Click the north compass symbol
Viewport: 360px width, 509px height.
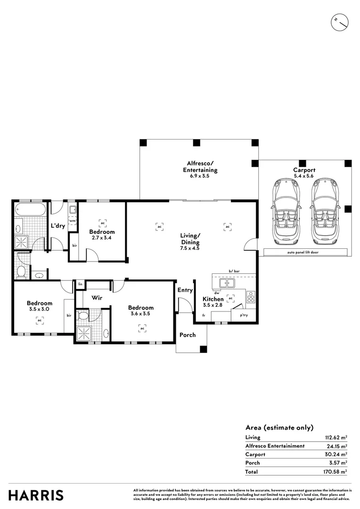point(339,22)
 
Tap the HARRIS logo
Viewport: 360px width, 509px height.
point(36,495)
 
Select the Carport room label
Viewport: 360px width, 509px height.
point(304,170)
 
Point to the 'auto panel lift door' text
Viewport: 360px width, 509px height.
point(304,253)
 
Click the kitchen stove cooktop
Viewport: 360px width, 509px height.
point(251,297)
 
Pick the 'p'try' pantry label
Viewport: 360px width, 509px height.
point(244,315)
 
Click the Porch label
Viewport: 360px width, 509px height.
point(187,335)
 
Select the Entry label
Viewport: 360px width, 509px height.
point(185,290)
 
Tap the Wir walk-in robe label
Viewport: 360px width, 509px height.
point(97,298)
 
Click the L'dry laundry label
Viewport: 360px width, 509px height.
point(58,226)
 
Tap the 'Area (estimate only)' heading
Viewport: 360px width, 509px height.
point(279,427)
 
